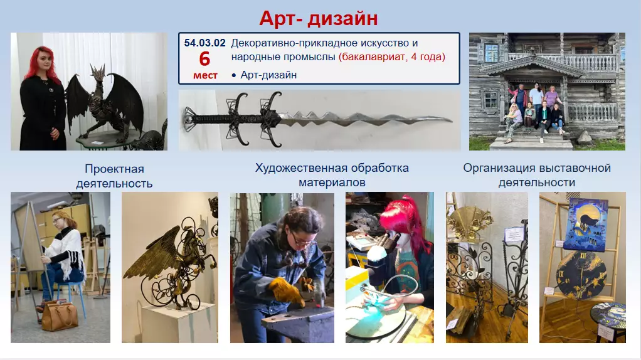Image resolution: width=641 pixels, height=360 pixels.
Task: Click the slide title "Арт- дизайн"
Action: (319, 18)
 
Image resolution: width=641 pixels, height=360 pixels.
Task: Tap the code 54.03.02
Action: (204, 43)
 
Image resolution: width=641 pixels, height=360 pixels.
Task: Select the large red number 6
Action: (204, 60)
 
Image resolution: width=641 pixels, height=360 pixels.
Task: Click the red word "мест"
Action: (205, 75)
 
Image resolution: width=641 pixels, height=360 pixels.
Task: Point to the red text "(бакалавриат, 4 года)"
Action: (391, 57)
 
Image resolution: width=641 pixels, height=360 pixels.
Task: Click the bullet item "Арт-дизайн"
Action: (268, 75)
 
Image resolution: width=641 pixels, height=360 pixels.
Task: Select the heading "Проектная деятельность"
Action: (114, 176)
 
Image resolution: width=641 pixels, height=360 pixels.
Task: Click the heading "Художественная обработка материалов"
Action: (332, 175)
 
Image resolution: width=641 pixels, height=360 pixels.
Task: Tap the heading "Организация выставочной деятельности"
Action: (537, 175)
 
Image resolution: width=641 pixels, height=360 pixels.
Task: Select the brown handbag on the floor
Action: (60, 316)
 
